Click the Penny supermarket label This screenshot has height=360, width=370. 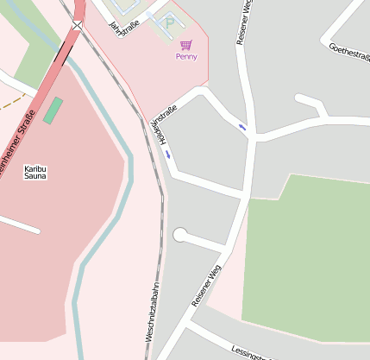tap(185, 57)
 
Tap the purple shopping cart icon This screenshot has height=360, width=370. tap(185, 44)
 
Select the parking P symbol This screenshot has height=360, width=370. tap(169, 24)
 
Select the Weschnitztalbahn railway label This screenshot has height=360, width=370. tap(154, 312)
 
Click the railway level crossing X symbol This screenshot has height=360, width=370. tap(78, 25)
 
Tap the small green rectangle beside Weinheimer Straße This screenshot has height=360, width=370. tap(53, 110)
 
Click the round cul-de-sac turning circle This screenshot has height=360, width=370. tap(180, 235)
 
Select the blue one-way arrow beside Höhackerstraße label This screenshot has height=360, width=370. tap(167, 155)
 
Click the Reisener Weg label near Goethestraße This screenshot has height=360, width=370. tap(244, 22)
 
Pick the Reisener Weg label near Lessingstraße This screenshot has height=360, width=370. tap(206, 285)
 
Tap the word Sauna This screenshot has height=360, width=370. tap(35, 176)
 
